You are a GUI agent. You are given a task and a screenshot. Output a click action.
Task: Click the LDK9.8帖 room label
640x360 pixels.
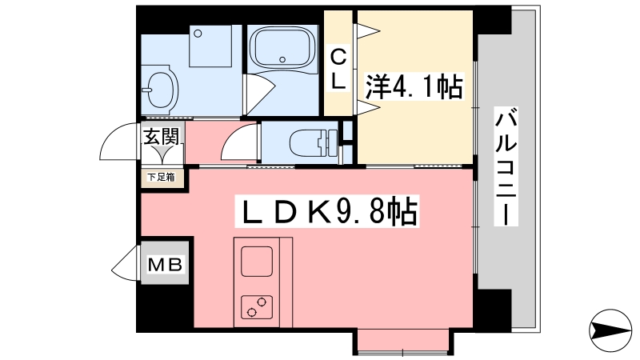(328, 213)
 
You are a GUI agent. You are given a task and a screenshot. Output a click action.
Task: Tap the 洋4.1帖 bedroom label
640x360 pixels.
(414, 87)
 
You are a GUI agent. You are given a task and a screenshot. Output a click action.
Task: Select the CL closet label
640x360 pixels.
(339, 69)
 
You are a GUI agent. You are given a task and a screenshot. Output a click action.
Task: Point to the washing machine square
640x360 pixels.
(211, 46)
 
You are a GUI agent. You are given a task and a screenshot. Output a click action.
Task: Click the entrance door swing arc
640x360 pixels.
(117, 145)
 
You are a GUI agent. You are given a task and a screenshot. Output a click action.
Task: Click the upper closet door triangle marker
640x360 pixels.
(369, 31)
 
